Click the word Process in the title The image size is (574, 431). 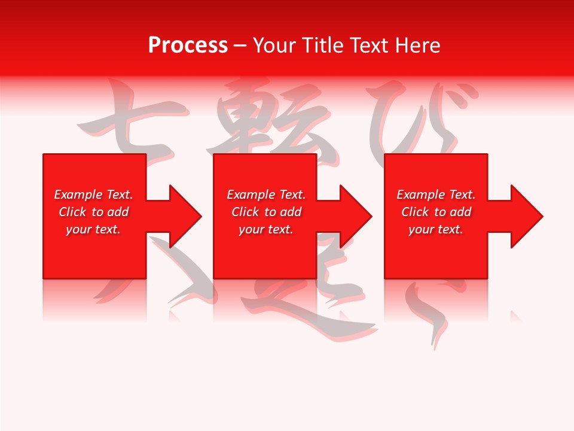tap(188, 45)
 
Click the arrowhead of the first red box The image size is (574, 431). tap(182, 216)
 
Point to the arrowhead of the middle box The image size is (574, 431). tap(353, 216)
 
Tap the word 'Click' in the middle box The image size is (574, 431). tap(245, 212)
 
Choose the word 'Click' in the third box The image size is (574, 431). tap(415, 212)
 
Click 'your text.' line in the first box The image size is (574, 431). tap(93, 229)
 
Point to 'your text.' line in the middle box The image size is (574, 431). tap(266, 229)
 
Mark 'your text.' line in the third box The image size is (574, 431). tap(436, 229)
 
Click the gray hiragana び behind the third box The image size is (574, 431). tap(419, 120)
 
